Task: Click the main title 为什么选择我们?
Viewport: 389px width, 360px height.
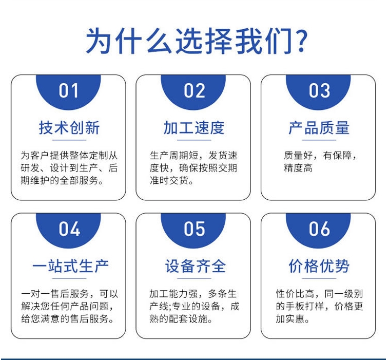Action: tap(197, 41)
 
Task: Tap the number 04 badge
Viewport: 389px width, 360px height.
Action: tap(68, 229)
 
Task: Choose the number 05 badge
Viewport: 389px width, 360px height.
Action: tap(193, 229)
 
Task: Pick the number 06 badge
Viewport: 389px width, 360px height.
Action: tap(318, 229)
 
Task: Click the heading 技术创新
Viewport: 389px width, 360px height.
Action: tap(69, 127)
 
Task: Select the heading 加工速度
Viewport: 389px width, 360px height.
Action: tap(194, 127)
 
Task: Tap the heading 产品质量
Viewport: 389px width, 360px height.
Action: tap(319, 127)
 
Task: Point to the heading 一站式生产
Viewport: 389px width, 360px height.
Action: tap(70, 266)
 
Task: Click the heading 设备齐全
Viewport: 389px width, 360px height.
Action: tap(196, 266)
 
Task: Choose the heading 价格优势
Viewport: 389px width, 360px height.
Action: tap(319, 266)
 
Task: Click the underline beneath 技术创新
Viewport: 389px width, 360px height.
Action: tap(69, 140)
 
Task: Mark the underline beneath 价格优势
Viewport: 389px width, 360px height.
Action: tap(319, 278)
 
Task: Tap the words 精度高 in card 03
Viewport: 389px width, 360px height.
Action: tap(298, 168)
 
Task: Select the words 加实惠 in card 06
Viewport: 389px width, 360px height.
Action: tap(290, 318)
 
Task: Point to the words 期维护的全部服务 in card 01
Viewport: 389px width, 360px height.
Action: tap(60, 180)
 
